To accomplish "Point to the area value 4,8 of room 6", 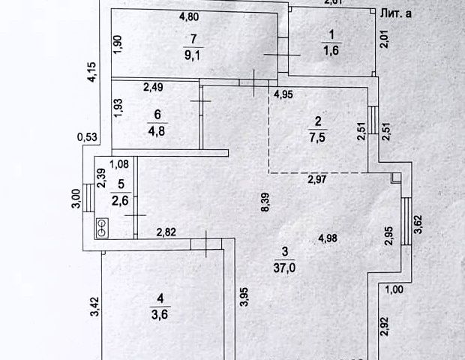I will [155, 129].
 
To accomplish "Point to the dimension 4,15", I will [91, 73].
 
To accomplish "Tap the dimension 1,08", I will [120, 164].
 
